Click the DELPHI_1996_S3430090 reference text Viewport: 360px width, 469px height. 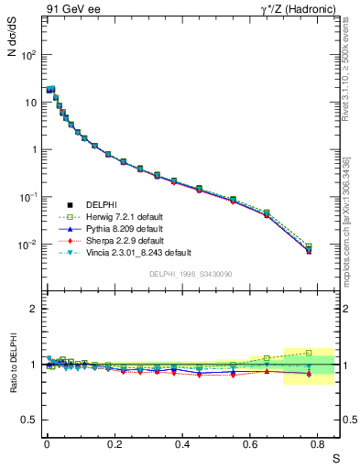[189, 274]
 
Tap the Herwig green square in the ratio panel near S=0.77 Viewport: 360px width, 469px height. [309, 352]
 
